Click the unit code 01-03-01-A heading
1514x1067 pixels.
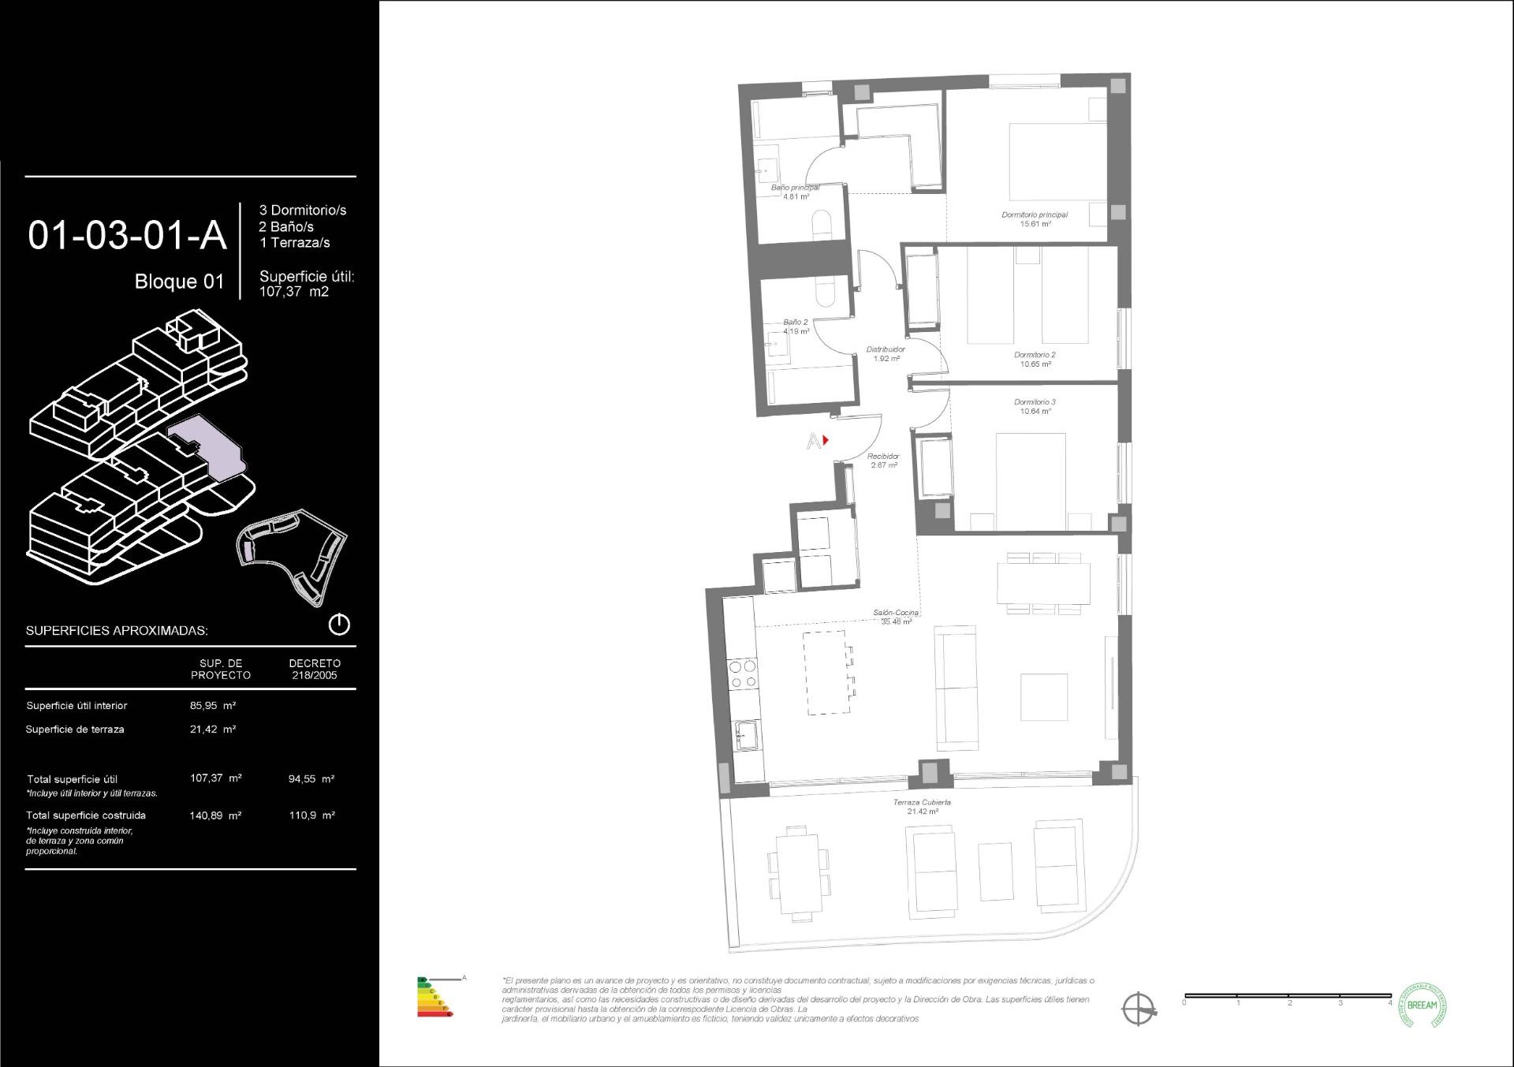(x=127, y=235)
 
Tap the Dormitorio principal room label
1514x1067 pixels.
(x=1035, y=219)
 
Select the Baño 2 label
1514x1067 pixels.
(x=795, y=326)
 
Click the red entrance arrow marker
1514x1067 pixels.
(x=825, y=440)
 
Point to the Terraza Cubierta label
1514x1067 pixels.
(x=922, y=807)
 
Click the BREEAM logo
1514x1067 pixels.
(x=1422, y=1005)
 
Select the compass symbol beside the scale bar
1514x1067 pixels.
(x=1139, y=1008)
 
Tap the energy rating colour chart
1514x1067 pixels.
(x=434, y=997)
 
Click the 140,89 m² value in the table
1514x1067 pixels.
(x=215, y=815)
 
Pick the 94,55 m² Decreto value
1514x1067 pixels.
(x=311, y=778)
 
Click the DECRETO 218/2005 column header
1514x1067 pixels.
(x=315, y=669)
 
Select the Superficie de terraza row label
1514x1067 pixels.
(x=75, y=729)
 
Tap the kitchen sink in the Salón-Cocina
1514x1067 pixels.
(x=746, y=736)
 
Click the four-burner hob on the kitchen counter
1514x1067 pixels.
(x=742, y=674)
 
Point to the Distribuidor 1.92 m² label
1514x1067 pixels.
(x=886, y=353)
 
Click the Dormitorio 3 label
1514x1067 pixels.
(x=1035, y=406)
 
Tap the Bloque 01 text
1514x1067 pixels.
(x=179, y=282)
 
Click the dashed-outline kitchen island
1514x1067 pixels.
(x=826, y=672)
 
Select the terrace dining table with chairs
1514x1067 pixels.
(x=800, y=873)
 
